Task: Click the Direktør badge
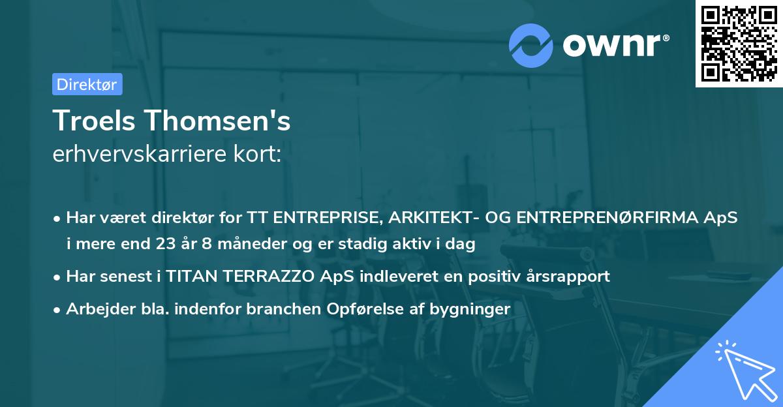[87, 84]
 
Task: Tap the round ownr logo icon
[531, 45]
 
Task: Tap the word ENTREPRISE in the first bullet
[328, 218]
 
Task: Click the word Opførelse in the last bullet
[357, 309]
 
